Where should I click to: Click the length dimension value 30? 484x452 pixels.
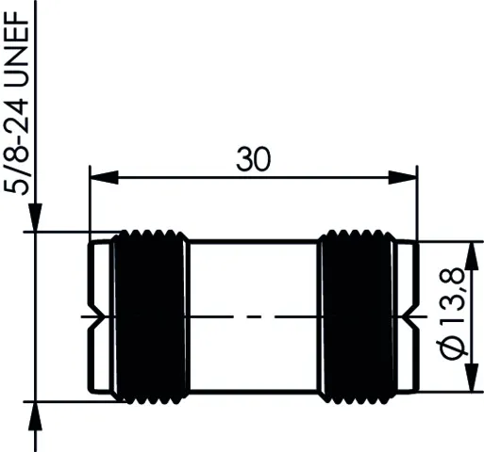pyautogui.click(x=253, y=159)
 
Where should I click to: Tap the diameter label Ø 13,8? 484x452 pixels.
pyautogui.click(x=451, y=314)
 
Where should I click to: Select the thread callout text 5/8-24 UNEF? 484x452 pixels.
pyautogui.click(x=16, y=104)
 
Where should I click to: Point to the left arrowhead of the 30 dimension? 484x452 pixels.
pyautogui.click(x=104, y=178)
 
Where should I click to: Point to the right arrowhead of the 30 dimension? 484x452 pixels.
pyautogui.click(x=403, y=178)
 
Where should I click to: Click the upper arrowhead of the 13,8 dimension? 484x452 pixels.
pyautogui.click(x=471, y=256)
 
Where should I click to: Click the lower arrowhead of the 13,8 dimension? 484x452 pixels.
pyautogui.click(x=471, y=378)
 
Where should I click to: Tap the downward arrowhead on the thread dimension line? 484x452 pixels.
pyautogui.click(x=35, y=218)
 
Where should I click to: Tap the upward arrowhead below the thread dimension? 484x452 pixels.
pyautogui.click(x=35, y=415)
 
